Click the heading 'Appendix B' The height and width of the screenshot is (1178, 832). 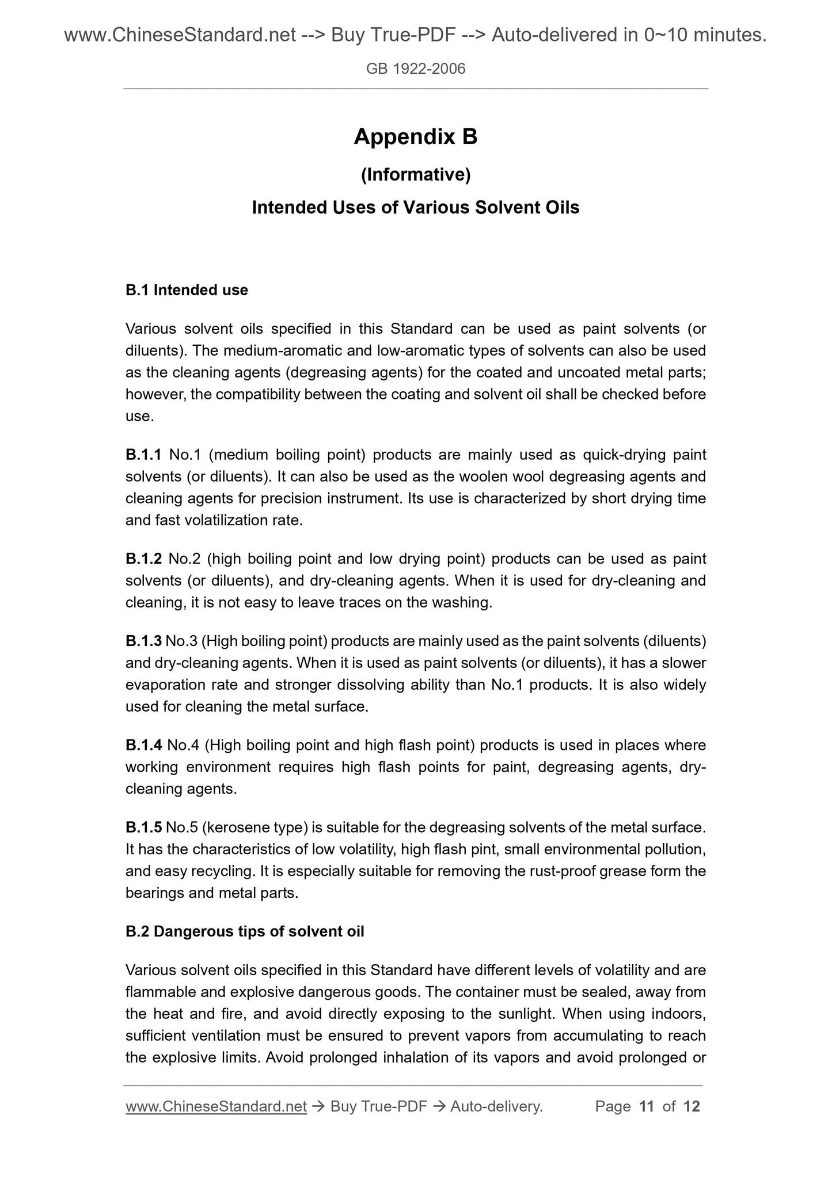click(415, 137)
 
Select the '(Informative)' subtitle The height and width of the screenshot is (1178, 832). click(415, 174)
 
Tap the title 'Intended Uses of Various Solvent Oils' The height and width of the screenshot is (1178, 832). click(415, 207)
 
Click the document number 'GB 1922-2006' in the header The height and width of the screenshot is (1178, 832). click(415, 69)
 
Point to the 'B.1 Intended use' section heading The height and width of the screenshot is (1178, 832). click(187, 290)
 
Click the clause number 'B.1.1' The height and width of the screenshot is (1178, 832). click(143, 455)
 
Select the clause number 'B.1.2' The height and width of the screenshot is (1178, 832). click(143, 558)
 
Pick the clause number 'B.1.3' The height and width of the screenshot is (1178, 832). click(143, 641)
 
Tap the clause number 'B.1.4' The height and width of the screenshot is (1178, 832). click(143, 745)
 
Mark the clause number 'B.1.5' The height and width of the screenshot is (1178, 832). click(143, 828)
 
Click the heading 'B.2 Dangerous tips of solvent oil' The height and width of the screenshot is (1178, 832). click(245, 931)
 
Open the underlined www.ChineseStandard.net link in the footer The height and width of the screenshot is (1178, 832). click(216, 1106)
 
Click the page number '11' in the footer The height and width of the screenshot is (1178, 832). click(647, 1106)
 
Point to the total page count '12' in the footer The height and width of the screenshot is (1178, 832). click(692, 1106)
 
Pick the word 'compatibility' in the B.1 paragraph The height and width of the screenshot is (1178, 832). click(254, 394)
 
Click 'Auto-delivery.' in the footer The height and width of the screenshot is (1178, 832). click(497, 1106)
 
